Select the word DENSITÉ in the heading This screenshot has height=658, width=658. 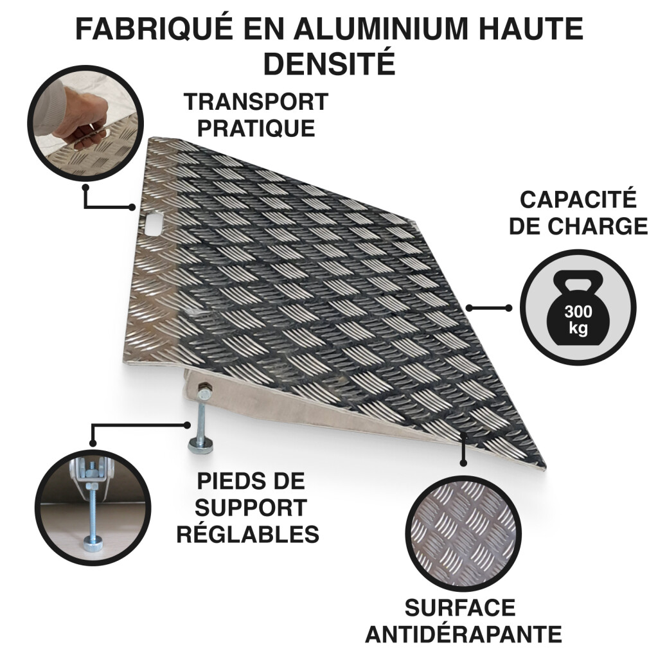click(x=330, y=62)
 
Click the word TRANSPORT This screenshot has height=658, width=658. click(x=256, y=102)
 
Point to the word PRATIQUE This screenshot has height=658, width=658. click(x=256, y=128)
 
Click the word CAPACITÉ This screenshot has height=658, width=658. click(x=578, y=199)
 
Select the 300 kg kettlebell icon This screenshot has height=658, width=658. click(x=578, y=308)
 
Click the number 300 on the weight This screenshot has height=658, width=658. click(x=578, y=312)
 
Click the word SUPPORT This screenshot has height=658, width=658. click(x=251, y=508)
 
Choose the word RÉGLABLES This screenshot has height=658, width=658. click(x=247, y=534)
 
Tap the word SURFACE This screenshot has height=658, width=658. click(x=460, y=608)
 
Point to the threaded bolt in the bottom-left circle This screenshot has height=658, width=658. click(x=93, y=516)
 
